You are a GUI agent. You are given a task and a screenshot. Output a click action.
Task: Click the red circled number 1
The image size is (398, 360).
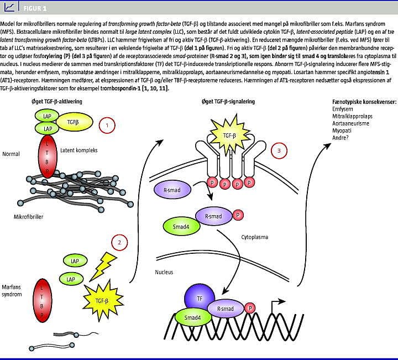(107, 125)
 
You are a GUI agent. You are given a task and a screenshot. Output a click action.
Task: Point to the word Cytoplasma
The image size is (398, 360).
(255, 237)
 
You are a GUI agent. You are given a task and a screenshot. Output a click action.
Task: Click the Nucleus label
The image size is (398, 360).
(164, 272)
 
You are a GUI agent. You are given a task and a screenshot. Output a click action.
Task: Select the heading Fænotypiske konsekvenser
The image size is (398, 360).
(360, 102)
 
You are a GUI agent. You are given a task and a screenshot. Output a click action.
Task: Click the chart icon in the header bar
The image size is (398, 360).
(9, 7)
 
